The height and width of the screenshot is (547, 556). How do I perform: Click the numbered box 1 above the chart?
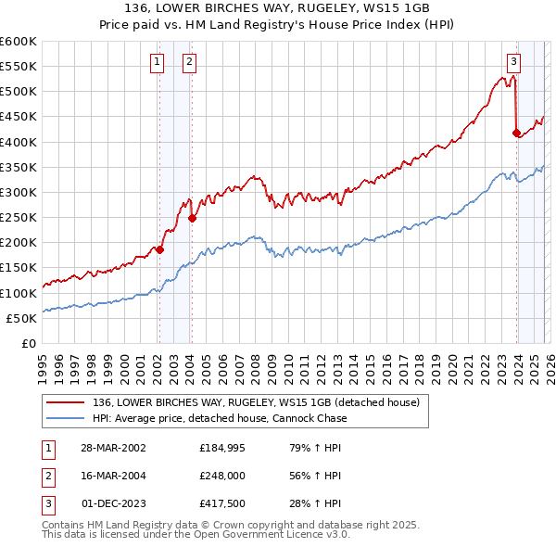[x=157, y=62]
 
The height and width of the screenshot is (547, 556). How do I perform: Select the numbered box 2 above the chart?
[x=189, y=62]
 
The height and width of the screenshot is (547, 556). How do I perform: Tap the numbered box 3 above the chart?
[x=512, y=62]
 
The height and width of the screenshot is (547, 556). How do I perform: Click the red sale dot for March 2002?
[x=159, y=249]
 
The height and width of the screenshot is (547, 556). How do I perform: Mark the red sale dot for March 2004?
[x=192, y=219]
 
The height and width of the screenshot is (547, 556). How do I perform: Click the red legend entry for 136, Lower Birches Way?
[x=256, y=402]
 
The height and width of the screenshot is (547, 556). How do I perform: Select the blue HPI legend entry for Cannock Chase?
[x=220, y=418]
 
